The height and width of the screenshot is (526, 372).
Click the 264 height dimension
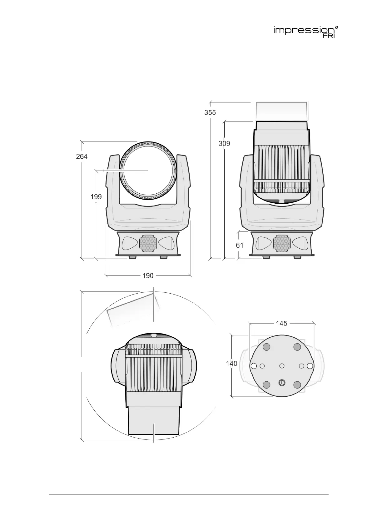point(82,156)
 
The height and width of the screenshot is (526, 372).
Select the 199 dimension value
point(96,197)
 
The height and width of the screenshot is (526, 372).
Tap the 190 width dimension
point(148,276)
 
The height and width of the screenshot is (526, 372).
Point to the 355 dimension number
point(210,113)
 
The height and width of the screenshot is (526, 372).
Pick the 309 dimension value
point(224,143)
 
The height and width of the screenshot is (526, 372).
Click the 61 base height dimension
point(240,246)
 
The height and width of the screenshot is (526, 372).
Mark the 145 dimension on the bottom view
point(282,324)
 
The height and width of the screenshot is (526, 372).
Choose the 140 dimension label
point(231,364)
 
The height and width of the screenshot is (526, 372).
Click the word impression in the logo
point(304,31)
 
